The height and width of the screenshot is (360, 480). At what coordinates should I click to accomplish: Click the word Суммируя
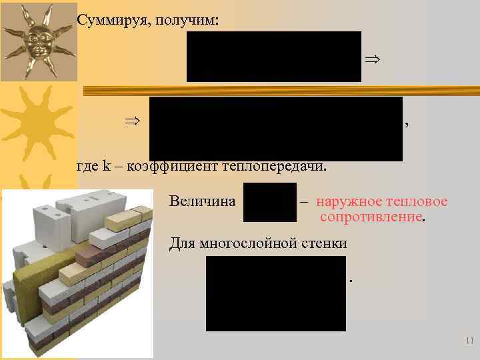pos(107,21)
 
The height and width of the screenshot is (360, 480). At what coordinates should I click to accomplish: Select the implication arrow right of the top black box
pos(372,60)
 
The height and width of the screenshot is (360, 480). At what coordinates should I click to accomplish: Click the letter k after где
pos(107,166)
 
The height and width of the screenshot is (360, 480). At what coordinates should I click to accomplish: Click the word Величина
pos(203,201)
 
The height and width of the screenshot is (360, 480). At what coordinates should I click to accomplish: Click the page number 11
pos(469,341)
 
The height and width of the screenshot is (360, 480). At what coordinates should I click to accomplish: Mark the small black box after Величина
pos(269,203)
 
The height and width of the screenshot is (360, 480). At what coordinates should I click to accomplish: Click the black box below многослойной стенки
pos(275,293)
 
